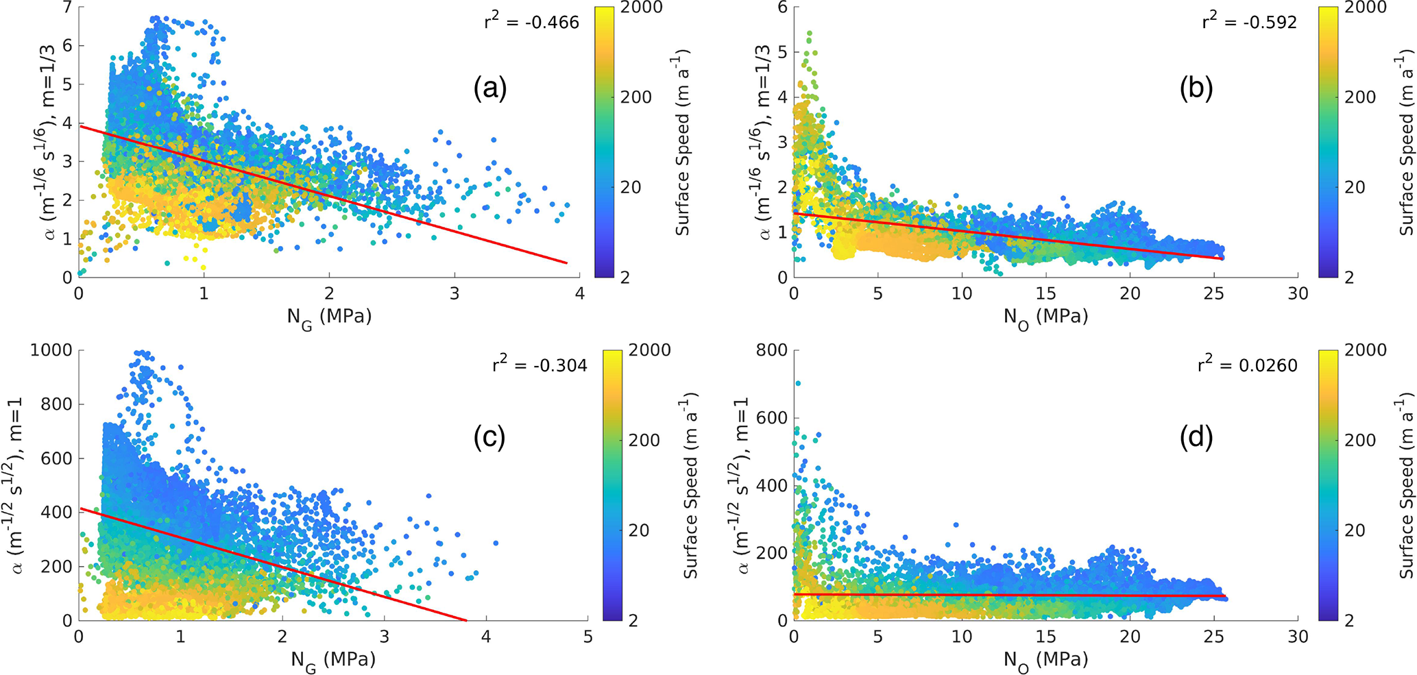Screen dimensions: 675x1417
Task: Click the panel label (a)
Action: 489,89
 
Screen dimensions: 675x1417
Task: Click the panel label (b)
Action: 1196,89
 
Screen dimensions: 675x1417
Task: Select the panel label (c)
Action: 489,438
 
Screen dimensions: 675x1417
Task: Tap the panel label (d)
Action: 1196,438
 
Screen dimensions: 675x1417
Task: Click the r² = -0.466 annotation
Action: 531,22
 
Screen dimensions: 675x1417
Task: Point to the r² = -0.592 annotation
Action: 1249,22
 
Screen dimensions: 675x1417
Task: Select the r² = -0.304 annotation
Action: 540,365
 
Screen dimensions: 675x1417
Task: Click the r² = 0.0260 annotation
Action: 1248,365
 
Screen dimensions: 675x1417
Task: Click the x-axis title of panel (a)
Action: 329,317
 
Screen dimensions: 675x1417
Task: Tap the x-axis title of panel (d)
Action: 1045,660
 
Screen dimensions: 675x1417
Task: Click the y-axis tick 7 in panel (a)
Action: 68,8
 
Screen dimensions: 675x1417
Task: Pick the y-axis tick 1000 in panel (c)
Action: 51,350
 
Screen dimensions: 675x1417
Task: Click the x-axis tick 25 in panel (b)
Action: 1213,294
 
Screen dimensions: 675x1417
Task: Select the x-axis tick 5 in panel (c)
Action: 588,637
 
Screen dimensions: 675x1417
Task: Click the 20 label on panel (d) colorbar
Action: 1354,530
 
